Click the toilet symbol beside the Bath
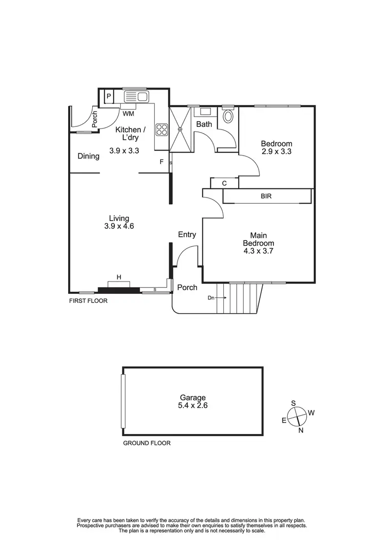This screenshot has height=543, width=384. click(x=227, y=117)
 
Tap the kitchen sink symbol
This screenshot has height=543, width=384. click(x=135, y=96)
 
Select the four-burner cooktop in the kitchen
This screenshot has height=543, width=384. click(x=162, y=129)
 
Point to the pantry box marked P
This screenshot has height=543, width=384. click(x=109, y=96)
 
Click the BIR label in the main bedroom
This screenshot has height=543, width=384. click(x=266, y=196)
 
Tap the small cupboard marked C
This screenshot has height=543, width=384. click(x=224, y=183)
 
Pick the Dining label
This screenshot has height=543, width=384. click(x=89, y=156)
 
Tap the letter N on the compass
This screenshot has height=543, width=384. click(x=301, y=430)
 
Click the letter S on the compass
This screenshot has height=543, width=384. click(x=293, y=403)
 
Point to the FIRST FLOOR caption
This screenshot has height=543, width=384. click(x=88, y=301)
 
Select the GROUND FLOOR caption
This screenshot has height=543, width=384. click(x=146, y=443)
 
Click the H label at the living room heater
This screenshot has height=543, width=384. click(x=119, y=277)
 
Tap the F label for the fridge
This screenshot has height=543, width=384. click(x=161, y=162)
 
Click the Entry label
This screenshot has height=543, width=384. click(x=187, y=234)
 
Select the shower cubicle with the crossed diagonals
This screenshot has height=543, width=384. click(x=180, y=129)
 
